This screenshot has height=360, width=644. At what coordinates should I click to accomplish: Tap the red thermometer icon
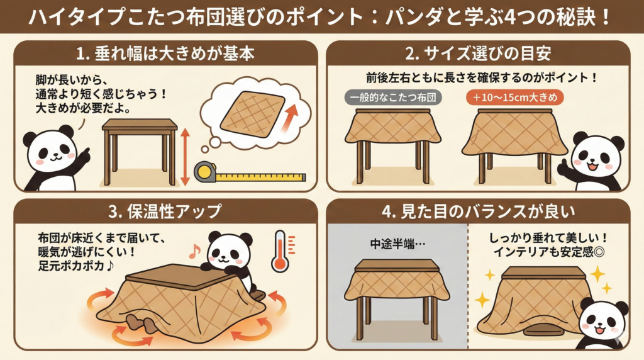tap(280, 250)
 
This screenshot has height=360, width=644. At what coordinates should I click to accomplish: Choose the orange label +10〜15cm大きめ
tap(515, 98)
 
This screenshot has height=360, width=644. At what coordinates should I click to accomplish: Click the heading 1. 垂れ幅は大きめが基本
tap(165, 53)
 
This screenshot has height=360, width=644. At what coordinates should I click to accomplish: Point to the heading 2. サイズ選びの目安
tap(478, 53)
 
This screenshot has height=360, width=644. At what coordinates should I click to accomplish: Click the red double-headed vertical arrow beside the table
tap(184, 157)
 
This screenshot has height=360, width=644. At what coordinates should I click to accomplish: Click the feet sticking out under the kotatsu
tap(142, 323)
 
